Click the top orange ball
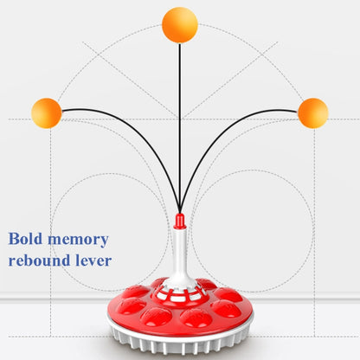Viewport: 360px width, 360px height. click(180, 25)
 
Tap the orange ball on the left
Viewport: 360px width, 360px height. click(47, 113)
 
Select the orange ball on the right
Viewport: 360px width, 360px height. click(313, 113)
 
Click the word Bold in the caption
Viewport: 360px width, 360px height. click(25, 239)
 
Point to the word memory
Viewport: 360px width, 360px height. click(78, 240)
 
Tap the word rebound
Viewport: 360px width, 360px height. click(39, 260)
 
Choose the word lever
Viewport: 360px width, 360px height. click(93, 260)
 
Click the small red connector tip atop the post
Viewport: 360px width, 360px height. click(179, 221)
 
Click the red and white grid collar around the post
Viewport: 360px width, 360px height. click(179, 292)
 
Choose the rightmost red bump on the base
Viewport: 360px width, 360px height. click(227, 309)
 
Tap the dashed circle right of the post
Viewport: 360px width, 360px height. click(251, 170)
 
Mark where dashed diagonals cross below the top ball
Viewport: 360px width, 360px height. click(180, 118)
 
